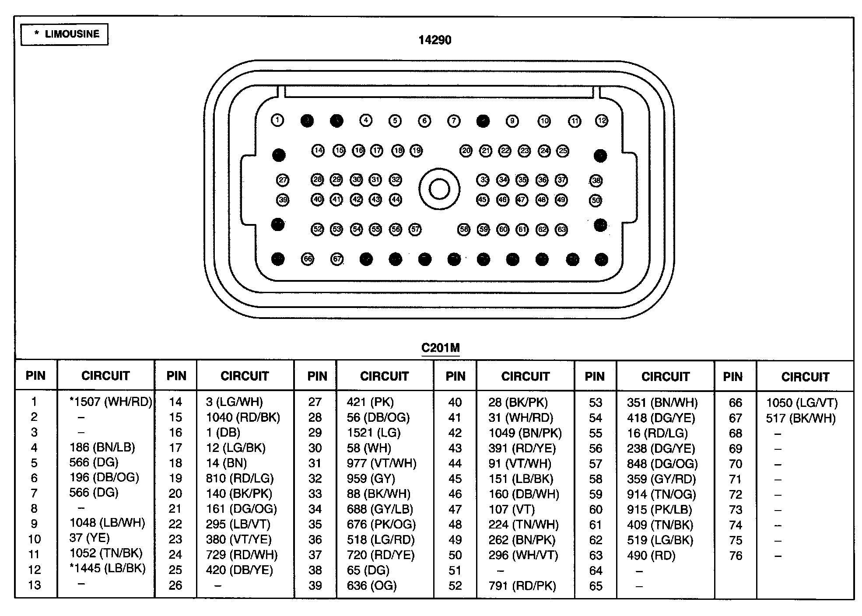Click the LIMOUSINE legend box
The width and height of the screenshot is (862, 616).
pyautogui.click(x=64, y=34)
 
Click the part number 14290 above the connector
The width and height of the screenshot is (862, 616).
pyautogui.click(x=435, y=40)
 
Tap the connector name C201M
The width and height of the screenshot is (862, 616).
pyautogui.click(x=440, y=348)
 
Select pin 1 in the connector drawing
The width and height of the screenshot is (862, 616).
pyautogui.click(x=277, y=120)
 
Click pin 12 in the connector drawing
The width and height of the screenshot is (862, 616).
pyautogui.click(x=602, y=120)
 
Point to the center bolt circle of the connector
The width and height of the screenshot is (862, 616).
pyautogui.click(x=439, y=189)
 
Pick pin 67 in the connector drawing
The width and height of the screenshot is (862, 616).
pyautogui.click(x=337, y=259)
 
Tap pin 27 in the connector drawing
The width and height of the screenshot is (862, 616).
pyautogui.click(x=283, y=180)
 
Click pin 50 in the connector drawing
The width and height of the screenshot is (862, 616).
pyautogui.click(x=596, y=200)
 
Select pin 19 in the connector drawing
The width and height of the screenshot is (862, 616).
pyautogui.click(x=416, y=151)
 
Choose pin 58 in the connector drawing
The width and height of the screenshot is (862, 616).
pyautogui.click(x=464, y=229)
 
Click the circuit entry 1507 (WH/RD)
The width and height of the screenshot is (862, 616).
pyautogui.click(x=111, y=402)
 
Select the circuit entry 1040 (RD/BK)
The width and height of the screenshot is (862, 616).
pyautogui.click(x=243, y=417)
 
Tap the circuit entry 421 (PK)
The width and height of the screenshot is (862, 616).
pyautogui.click(x=370, y=402)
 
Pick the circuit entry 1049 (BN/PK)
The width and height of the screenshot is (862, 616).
pyautogui.click(x=525, y=433)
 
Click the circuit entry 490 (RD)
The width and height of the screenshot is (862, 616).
pyautogui.click(x=651, y=556)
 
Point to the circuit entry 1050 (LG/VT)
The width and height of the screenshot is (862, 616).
pyautogui.click(x=802, y=402)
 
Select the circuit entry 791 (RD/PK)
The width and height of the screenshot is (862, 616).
pyautogui.click(x=522, y=586)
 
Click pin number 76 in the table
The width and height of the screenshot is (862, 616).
pyautogui.click(x=736, y=556)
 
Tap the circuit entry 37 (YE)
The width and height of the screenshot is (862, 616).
pyautogui.click(x=89, y=538)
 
